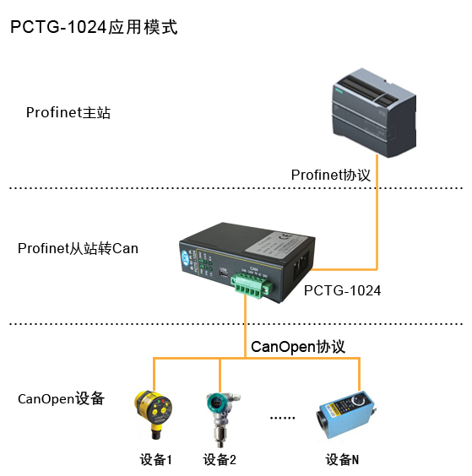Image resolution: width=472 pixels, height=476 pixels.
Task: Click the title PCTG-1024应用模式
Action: click(94, 26)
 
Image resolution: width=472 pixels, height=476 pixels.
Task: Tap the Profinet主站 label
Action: click(68, 112)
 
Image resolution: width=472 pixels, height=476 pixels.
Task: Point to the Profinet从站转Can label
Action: click(78, 248)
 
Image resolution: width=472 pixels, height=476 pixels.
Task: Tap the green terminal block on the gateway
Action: click(250, 289)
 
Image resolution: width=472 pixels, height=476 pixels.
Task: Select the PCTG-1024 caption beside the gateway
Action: click(342, 290)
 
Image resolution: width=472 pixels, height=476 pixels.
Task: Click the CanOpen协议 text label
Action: click(298, 347)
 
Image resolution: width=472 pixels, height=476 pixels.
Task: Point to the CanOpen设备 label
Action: click(61, 398)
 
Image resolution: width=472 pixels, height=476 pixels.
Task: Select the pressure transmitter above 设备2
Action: click(220, 414)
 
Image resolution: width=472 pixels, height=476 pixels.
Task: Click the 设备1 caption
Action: click(156, 460)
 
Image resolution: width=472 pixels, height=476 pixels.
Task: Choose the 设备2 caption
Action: click(220, 460)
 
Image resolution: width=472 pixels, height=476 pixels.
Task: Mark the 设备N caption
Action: click(343, 460)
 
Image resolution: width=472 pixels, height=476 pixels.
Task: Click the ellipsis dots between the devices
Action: click(281, 418)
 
